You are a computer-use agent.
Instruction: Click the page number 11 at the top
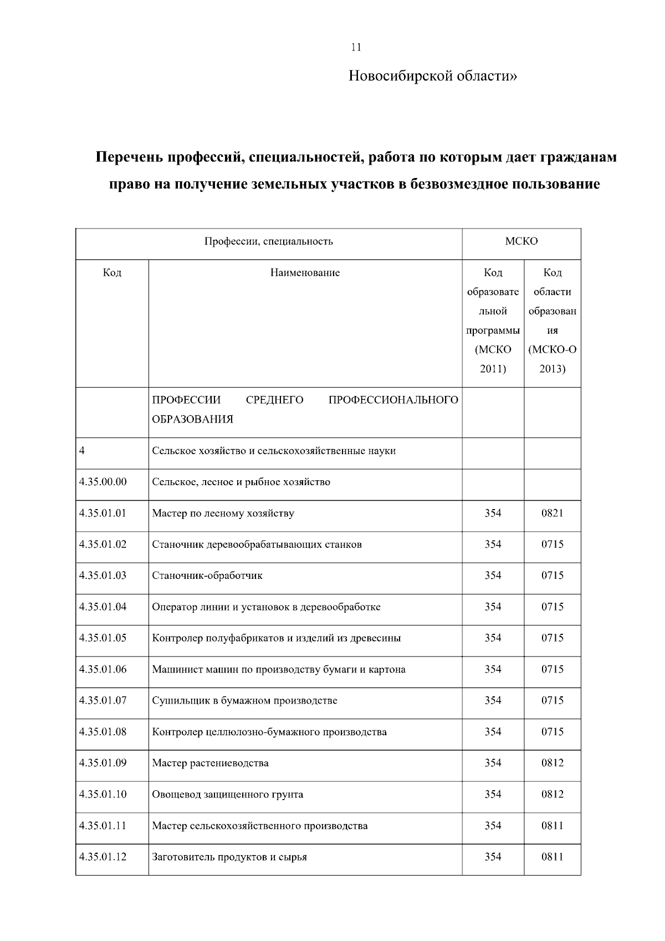(356, 47)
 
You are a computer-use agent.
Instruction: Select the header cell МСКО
(521, 241)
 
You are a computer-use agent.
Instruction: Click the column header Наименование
(305, 273)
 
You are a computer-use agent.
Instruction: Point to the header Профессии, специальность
(269, 241)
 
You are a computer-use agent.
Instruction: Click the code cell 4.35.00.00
(103, 482)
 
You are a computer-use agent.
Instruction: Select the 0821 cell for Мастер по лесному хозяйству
(552, 513)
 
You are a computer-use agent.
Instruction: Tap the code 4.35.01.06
(103, 669)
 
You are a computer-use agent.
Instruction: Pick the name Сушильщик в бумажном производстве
(244, 700)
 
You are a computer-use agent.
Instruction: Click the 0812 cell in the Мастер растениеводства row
(552, 763)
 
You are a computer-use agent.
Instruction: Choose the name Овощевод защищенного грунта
(228, 794)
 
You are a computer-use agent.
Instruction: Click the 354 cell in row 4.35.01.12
(493, 857)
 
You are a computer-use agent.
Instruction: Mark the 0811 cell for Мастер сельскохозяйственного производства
(552, 826)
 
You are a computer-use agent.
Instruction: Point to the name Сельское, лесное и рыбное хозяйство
(241, 482)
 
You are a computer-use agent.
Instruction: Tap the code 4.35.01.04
(103, 607)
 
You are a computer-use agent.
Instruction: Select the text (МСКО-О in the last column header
(552, 349)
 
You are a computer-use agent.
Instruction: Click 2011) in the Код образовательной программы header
(493, 368)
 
